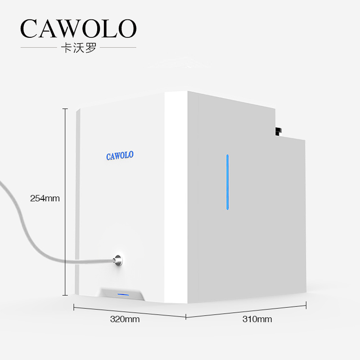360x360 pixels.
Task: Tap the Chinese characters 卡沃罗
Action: point(78,48)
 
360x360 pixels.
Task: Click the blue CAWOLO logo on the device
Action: point(120,156)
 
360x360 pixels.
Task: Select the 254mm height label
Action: point(45,198)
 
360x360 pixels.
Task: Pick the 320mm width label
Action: point(125,319)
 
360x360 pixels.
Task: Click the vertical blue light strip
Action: point(227,182)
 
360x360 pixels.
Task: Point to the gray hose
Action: point(27,225)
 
